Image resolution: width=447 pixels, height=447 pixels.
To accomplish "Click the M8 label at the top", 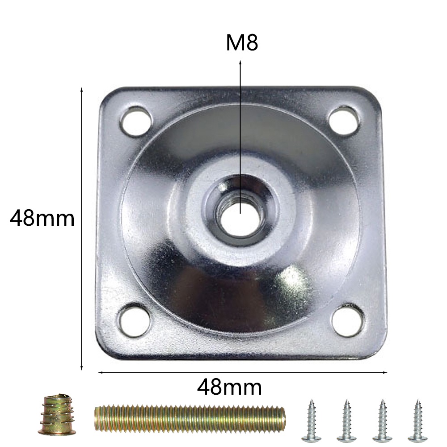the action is click(242, 43).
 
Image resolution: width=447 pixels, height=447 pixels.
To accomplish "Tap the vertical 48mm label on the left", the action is click(42, 218).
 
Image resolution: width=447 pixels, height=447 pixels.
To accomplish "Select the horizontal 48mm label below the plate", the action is click(229, 387).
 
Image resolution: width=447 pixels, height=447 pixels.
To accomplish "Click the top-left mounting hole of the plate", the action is click(136, 121).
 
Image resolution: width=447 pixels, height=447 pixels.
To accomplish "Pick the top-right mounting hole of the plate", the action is click(344, 120).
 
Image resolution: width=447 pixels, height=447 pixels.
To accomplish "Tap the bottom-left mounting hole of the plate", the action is click(135, 320).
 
